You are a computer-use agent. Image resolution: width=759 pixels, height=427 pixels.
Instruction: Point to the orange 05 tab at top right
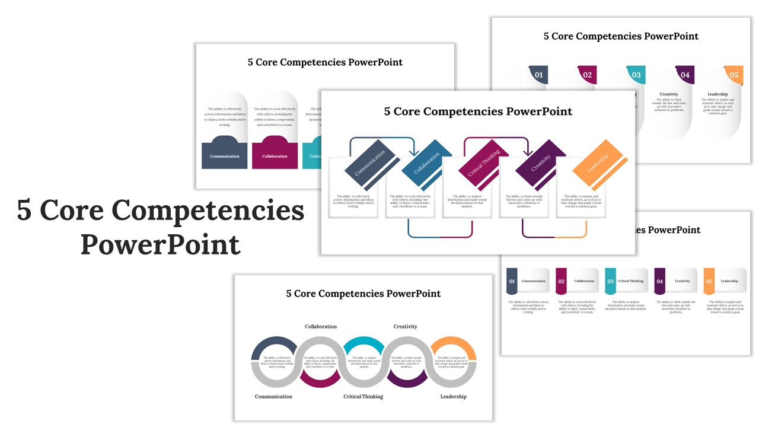[734, 75]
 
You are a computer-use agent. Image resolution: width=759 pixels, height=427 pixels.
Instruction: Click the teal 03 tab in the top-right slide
[636, 75]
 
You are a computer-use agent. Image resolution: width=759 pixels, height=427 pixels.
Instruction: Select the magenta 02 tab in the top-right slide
[587, 75]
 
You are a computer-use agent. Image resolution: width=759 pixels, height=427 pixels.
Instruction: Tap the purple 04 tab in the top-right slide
[685, 75]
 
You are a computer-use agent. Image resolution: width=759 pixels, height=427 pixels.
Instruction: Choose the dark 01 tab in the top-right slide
[538, 75]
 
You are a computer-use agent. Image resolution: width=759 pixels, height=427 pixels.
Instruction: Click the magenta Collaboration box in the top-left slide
[275, 155]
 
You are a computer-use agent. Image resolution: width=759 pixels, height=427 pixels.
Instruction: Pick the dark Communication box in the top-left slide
[225, 155]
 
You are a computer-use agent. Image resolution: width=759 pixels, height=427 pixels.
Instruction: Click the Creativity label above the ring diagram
[406, 326]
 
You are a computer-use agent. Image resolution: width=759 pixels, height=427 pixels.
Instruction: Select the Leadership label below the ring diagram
[453, 396]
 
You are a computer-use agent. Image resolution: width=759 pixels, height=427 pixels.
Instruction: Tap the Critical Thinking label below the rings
[363, 396]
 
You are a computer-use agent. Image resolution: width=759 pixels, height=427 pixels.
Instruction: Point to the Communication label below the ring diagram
[273, 396]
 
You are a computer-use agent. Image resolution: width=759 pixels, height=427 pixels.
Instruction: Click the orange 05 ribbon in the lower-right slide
[709, 281]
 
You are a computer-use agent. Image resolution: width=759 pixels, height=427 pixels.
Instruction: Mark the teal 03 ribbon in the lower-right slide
[610, 281]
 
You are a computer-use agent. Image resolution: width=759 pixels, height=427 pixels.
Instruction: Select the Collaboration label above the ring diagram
[321, 326]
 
